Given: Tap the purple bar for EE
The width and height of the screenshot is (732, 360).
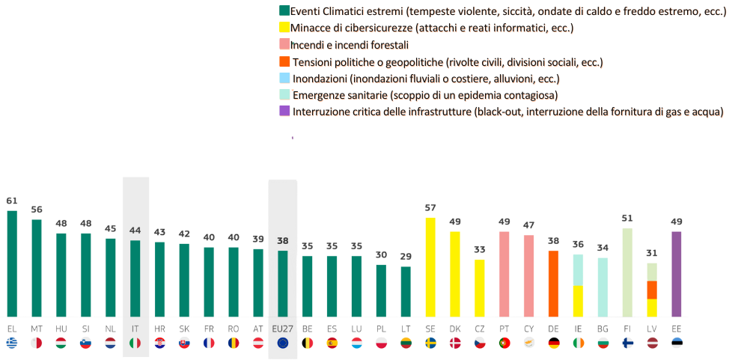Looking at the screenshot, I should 677,274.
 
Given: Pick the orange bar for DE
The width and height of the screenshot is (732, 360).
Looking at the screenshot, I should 553,284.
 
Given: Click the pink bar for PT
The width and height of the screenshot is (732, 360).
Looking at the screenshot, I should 504,274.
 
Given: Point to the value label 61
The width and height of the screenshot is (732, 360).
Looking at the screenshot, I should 12,201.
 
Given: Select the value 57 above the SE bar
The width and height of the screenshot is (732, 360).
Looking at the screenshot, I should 430,207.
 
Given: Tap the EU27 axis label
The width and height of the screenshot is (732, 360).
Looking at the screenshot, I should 282,329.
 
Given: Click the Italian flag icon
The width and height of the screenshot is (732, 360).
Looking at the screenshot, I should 135,343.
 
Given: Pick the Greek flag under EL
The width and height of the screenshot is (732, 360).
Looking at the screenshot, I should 12,343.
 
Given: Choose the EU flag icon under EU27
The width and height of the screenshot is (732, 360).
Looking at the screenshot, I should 282,343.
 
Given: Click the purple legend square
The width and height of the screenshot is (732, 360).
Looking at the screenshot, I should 284,112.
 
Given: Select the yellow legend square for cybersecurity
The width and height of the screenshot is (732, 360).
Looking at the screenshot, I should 284,28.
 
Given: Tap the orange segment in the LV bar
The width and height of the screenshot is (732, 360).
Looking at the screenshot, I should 652,290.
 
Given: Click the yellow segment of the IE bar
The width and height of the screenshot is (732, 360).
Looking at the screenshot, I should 578,301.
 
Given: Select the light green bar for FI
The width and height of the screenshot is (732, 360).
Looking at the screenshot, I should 627,272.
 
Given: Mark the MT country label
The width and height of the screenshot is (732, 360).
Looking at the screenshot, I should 37,329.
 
